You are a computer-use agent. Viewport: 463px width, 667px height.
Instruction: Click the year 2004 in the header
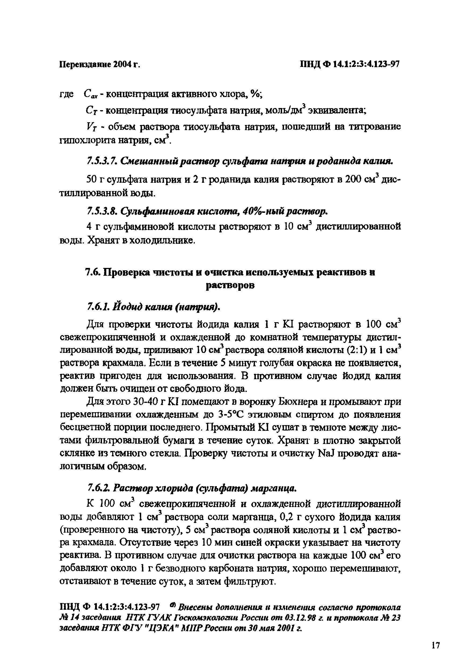(x=123, y=64)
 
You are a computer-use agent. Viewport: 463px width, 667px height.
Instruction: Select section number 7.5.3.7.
(x=103, y=161)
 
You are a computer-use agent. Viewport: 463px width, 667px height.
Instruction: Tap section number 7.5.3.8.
(x=103, y=212)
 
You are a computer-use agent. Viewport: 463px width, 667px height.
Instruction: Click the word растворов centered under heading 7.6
(x=230, y=285)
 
